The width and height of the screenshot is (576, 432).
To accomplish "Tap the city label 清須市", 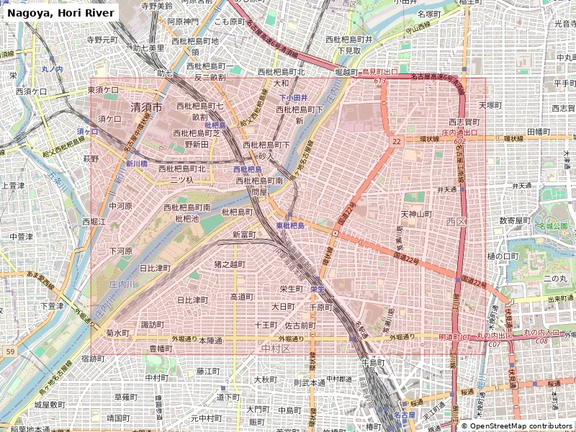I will [x=146, y=107].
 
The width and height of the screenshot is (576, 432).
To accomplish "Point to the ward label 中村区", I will [x=275, y=348].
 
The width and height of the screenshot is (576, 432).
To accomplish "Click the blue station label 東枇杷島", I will [x=290, y=225].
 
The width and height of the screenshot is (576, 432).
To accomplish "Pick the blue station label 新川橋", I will [x=137, y=163].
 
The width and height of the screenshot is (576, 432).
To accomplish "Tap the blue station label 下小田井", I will [x=294, y=97].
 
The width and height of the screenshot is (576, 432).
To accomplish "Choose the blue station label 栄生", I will [x=317, y=288].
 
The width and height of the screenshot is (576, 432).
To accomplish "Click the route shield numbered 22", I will [x=397, y=142].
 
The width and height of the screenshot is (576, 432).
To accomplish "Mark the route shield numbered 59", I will [x=10, y=351].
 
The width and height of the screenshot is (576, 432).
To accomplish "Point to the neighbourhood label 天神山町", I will [x=415, y=214].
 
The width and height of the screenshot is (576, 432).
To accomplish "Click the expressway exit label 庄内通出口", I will [x=459, y=132].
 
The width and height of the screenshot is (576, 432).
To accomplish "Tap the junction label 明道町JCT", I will [x=454, y=336].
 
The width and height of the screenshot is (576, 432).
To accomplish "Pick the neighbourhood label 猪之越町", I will [x=230, y=264].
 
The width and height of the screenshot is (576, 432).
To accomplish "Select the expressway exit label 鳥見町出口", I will [x=379, y=72].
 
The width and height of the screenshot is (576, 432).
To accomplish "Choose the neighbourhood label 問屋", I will [x=259, y=192].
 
